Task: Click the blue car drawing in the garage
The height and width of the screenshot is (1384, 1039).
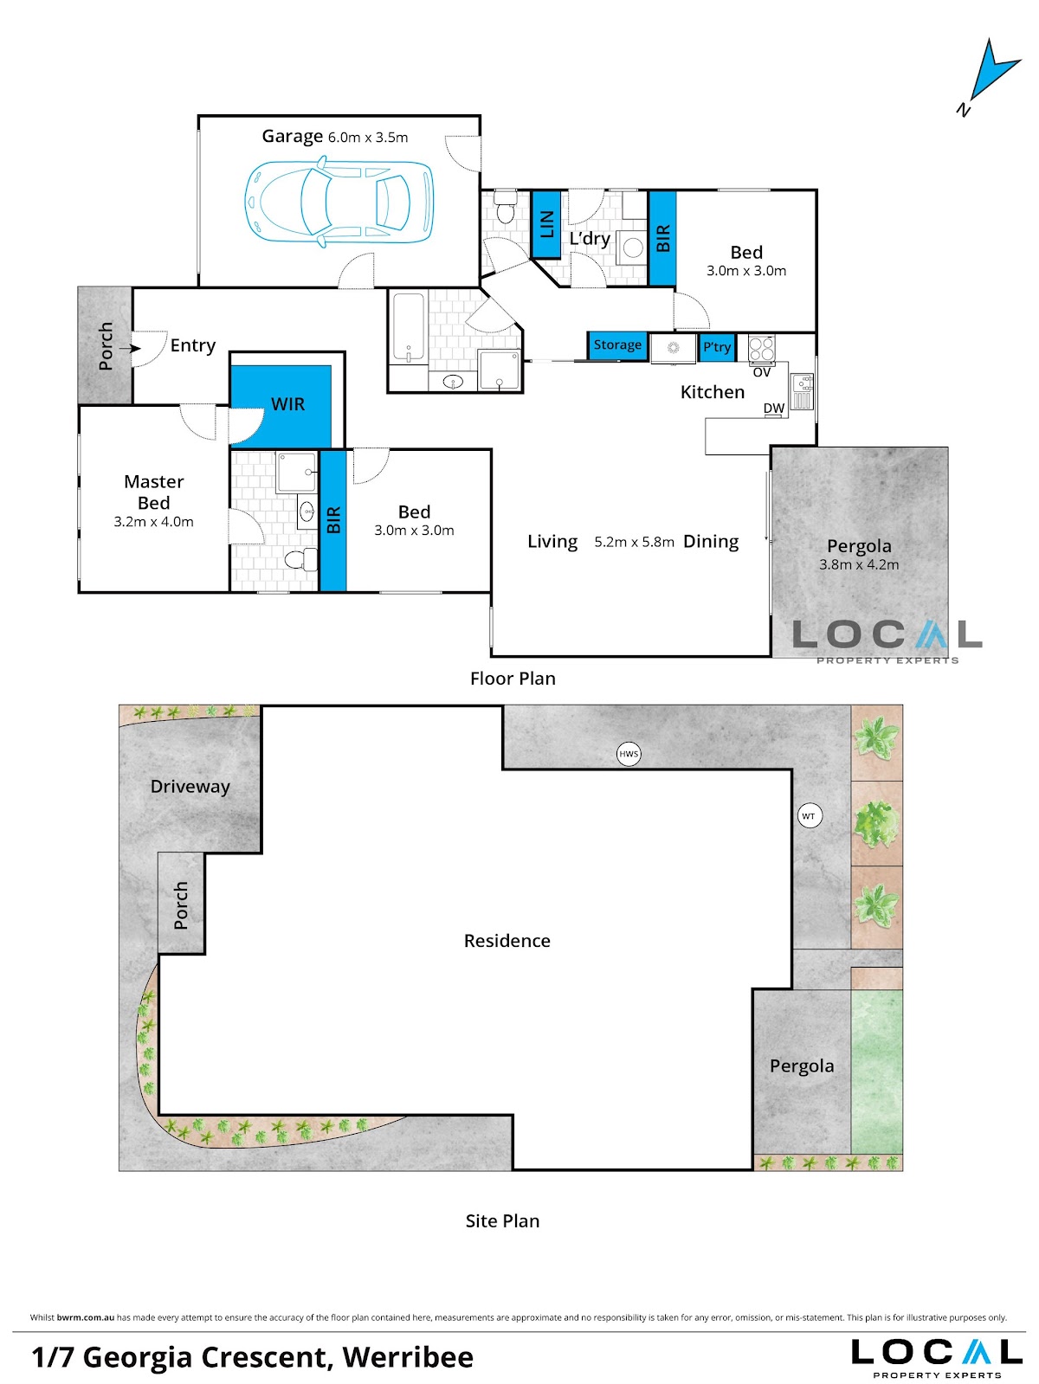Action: click(x=339, y=202)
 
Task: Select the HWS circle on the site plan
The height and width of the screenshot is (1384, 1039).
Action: click(x=628, y=754)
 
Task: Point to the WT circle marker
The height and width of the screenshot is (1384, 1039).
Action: click(x=809, y=816)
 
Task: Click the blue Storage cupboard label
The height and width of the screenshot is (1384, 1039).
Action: click(x=617, y=344)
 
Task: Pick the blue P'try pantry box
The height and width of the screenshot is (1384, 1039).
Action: click(x=717, y=347)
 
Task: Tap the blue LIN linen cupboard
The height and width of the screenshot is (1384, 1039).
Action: click(x=546, y=224)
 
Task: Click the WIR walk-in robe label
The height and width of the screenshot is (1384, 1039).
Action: click(x=287, y=403)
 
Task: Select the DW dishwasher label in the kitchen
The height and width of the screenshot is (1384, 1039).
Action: click(x=773, y=408)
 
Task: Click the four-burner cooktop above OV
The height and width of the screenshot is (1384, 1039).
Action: click(x=762, y=349)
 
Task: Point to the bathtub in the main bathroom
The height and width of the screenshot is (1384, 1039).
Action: click(x=408, y=329)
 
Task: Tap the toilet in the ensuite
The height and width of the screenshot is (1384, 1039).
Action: click(x=300, y=558)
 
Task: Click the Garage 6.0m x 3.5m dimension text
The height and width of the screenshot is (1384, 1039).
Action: click(x=368, y=138)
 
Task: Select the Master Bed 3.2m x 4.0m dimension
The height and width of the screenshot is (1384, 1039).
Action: click(x=153, y=521)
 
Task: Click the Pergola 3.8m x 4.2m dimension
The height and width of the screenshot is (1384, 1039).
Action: click(x=859, y=564)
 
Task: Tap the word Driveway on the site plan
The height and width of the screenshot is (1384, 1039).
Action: click(x=190, y=787)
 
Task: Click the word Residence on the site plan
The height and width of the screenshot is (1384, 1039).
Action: click(x=507, y=941)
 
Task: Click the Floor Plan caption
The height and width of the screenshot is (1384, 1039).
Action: click(x=513, y=679)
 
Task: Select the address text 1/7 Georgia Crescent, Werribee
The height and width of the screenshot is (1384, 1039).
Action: click(x=252, y=1357)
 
